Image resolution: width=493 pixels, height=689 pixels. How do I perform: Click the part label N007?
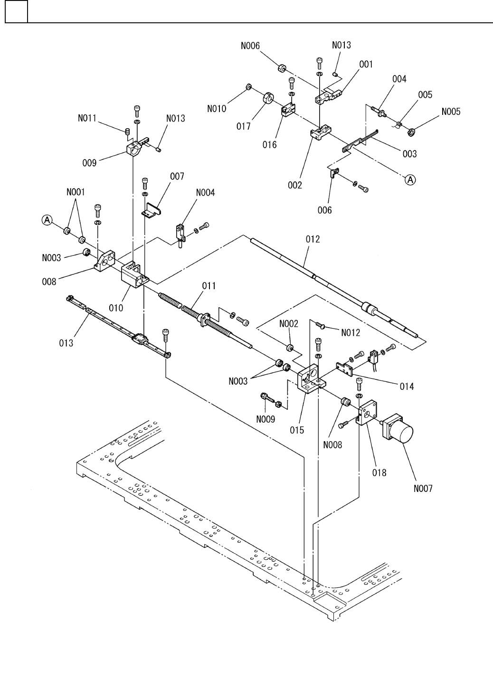(x=422, y=488)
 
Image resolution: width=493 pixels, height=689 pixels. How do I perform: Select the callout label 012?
(x=313, y=239)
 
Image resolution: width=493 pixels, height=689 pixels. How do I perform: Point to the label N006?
(x=250, y=46)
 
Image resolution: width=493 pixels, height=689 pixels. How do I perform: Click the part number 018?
(x=379, y=472)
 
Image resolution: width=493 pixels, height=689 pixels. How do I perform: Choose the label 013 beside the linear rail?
(x=66, y=342)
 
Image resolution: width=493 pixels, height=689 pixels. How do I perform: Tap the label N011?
(x=87, y=118)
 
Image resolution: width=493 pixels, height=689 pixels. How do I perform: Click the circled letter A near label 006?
(x=409, y=179)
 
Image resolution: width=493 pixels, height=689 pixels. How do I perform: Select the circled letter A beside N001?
(x=47, y=219)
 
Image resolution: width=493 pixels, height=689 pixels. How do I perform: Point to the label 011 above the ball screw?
(x=209, y=285)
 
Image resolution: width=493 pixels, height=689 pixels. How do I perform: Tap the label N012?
(x=351, y=332)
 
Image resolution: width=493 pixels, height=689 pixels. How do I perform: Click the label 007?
(x=177, y=176)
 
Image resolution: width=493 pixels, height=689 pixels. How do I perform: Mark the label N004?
(x=205, y=192)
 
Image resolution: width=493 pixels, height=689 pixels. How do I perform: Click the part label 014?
(x=407, y=386)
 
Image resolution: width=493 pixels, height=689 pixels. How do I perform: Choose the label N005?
(x=451, y=112)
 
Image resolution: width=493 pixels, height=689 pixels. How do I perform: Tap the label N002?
(x=289, y=324)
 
